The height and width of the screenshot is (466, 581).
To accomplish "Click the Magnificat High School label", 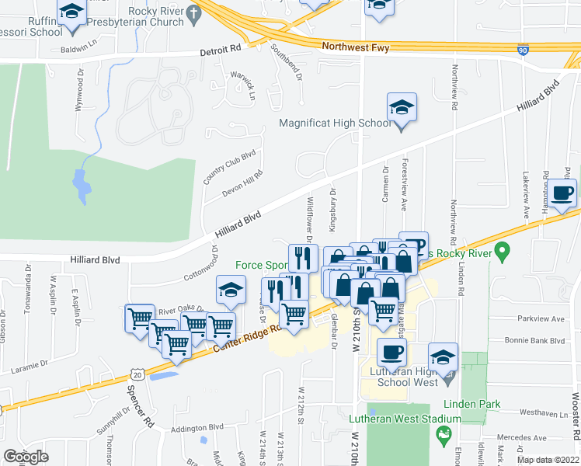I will [x=336, y=123].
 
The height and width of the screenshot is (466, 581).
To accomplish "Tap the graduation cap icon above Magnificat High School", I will [x=402, y=107].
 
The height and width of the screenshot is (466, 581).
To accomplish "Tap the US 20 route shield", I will [x=138, y=374].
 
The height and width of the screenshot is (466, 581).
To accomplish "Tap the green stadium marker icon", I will [x=444, y=434].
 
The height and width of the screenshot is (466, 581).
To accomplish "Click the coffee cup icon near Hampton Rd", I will [x=563, y=193].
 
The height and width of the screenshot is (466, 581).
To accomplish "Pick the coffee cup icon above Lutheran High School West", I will [x=391, y=352].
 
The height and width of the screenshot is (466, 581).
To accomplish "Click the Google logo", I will [x=26, y=457].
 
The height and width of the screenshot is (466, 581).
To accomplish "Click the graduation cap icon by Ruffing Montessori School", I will [x=72, y=13].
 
